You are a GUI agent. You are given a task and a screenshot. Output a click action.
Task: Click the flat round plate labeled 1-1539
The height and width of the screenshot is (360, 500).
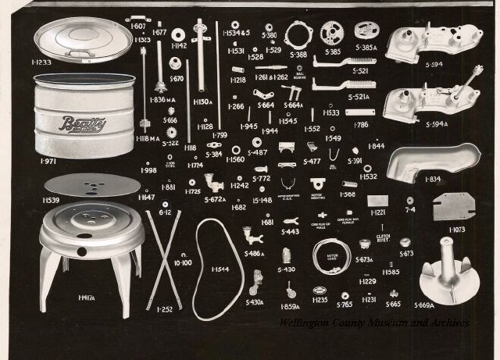(x=92, y=185)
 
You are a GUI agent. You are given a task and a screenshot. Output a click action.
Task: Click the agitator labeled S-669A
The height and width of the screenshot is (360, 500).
(x=448, y=266)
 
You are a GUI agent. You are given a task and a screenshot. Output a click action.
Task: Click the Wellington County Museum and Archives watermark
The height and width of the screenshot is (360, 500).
(x=374, y=323)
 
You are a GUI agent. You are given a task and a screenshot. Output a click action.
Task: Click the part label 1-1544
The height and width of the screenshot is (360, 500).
(x=221, y=269)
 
